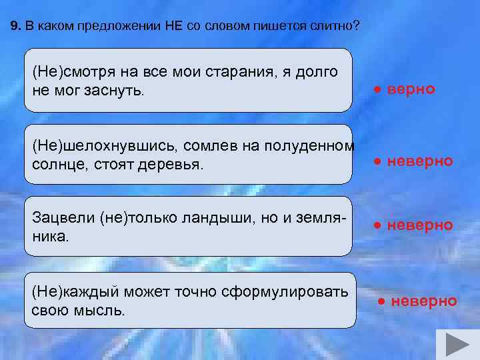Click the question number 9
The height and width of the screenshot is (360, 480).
15,27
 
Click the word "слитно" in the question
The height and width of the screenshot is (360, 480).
333,27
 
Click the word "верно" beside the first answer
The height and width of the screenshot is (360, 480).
411,89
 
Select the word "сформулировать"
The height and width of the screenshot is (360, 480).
284,293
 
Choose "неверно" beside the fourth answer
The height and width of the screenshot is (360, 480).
423,301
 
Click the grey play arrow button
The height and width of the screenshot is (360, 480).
457,345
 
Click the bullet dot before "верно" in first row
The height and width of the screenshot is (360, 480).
377,89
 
